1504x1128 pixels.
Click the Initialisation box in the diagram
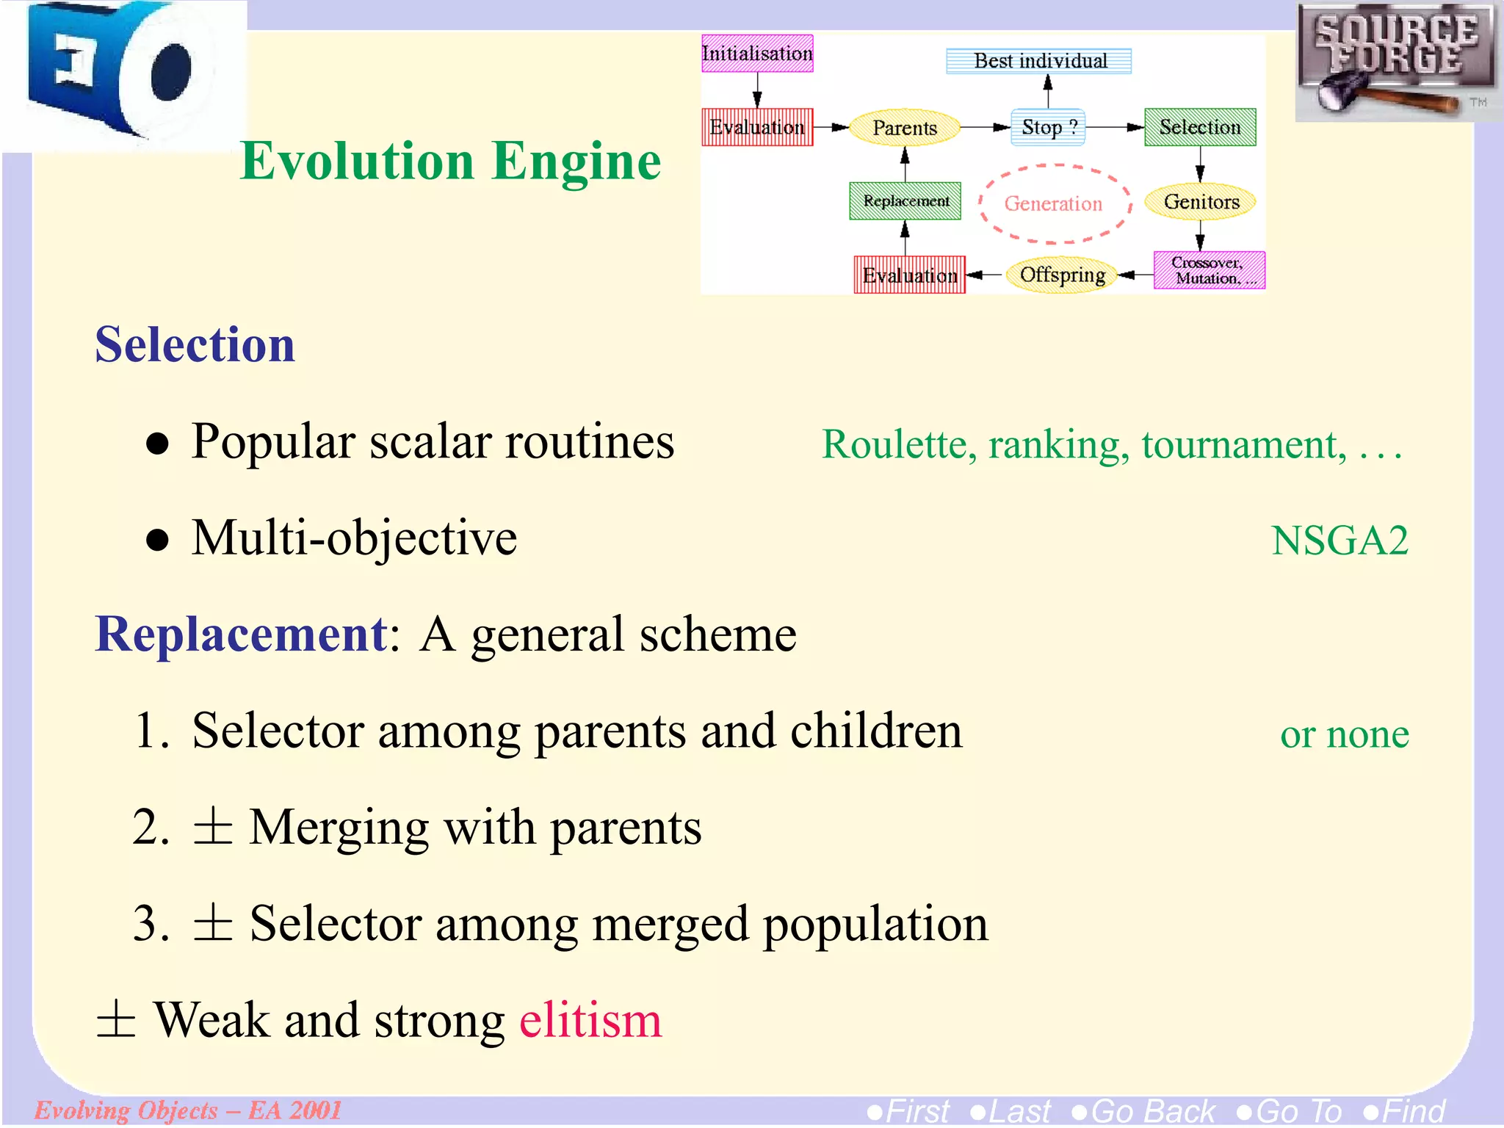(757, 54)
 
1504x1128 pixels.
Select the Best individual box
(1038, 61)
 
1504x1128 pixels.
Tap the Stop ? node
(1048, 127)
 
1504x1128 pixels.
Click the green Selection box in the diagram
(1200, 127)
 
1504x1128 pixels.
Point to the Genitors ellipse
(1201, 201)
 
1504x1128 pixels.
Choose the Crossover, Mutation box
(1209, 270)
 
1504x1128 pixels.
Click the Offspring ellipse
(1062, 275)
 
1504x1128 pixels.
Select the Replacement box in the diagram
(905, 200)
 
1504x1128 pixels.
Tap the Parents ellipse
(904, 128)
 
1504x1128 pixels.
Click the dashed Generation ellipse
(1053, 203)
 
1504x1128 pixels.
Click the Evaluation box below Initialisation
(757, 127)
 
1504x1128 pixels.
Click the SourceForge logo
(1395, 60)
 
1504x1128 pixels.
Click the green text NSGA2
(1339, 540)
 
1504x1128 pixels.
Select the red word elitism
(590, 1020)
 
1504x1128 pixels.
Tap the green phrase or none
(1344, 734)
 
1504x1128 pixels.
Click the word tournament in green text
(1244, 444)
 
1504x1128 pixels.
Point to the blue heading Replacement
(241, 633)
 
